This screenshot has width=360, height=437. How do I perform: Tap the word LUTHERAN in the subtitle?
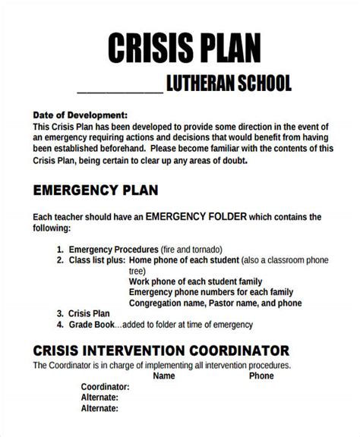pos(204,83)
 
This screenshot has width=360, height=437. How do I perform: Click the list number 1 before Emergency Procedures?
pos(59,249)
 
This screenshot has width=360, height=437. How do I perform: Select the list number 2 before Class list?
pos(59,259)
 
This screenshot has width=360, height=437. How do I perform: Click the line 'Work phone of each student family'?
pos(198,281)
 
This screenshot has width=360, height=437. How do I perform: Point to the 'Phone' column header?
pos(261,376)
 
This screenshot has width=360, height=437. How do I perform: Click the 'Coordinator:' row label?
pos(105,386)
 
